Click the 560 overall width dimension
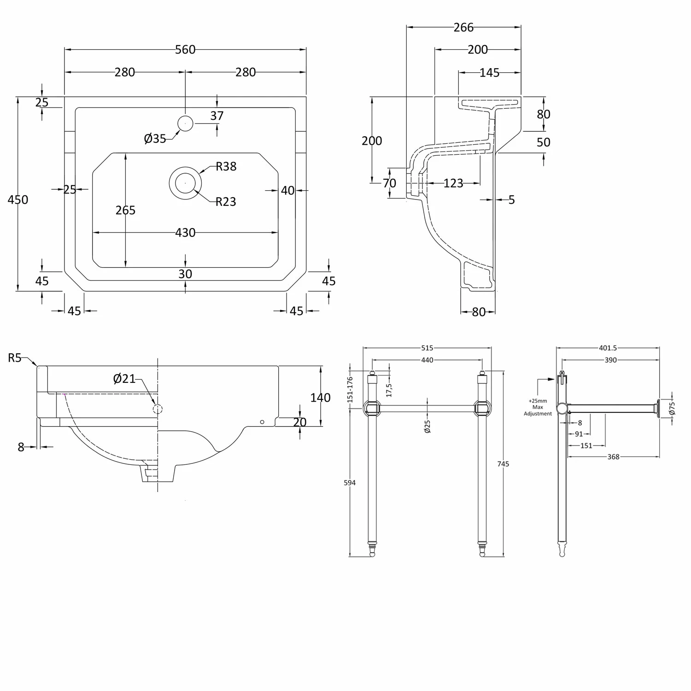point(185,49)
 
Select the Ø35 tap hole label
point(155,138)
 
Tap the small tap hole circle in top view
point(185,123)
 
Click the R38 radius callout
point(226,166)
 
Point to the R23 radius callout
point(226,201)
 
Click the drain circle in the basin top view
point(185,183)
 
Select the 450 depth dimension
point(18,199)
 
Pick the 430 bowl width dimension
point(185,233)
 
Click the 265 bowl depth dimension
point(125,210)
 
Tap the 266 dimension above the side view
point(463,28)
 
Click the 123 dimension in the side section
point(453,183)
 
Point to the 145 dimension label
point(489,73)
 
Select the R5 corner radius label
point(14,357)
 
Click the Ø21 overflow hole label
point(124,379)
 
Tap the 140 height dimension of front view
point(320,397)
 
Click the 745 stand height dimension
point(503,463)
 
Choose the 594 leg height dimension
point(350,482)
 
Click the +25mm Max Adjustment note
point(538,407)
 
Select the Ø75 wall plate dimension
point(672,408)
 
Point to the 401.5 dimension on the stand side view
point(608,348)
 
